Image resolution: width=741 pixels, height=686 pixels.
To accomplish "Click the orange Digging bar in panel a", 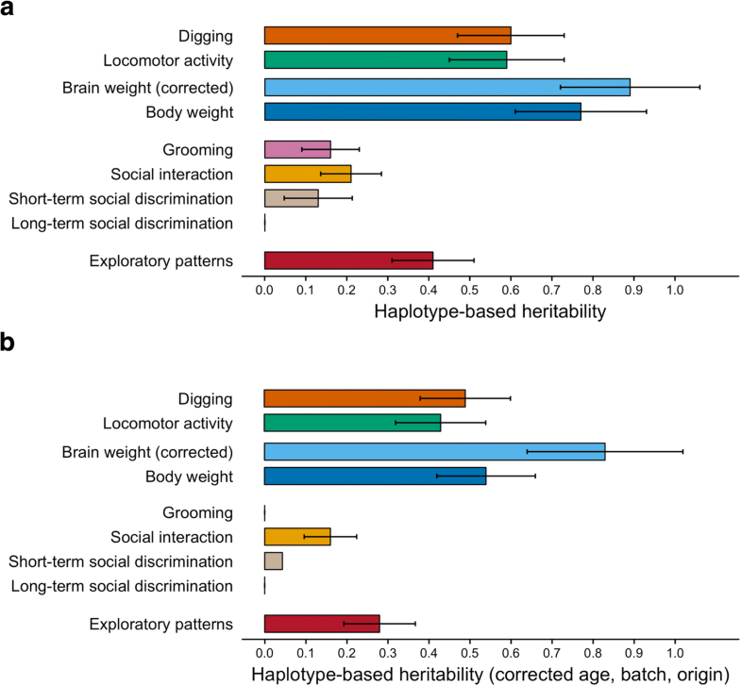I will click(387, 35).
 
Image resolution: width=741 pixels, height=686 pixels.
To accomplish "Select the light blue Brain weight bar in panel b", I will click(434, 450).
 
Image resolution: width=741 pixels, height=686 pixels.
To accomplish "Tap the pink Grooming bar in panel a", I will click(297, 149).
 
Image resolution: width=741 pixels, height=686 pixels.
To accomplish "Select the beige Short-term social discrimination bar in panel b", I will click(274, 561).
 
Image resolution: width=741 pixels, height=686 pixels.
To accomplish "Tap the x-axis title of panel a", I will click(489, 310).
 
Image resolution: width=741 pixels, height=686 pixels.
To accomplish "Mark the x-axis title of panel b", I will click(489, 674).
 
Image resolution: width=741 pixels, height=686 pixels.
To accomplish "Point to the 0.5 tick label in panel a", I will click(469, 286).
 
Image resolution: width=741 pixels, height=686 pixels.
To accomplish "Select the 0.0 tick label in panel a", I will click(264, 286).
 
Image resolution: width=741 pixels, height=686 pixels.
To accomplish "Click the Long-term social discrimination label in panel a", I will click(122, 224).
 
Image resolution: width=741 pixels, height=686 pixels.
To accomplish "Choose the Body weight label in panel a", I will click(190, 112).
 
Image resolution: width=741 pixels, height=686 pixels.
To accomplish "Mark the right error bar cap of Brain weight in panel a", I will click(699, 87).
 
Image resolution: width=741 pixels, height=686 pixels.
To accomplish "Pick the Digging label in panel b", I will click(206, 398).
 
